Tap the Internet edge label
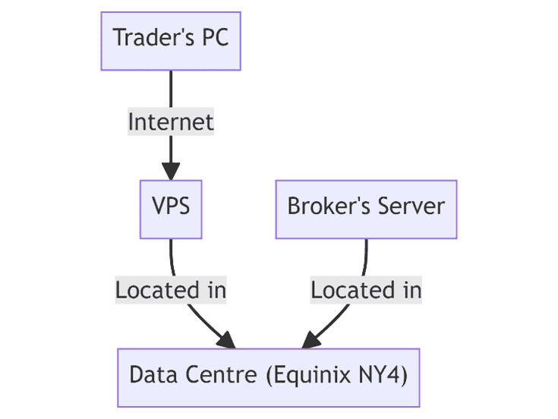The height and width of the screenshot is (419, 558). click(171, 121)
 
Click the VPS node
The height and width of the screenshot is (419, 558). click(171, 206)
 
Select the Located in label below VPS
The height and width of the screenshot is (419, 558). click(171, 290)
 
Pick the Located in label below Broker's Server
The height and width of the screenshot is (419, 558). click(366, 290)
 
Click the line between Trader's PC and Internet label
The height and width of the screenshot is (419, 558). click(171, 90)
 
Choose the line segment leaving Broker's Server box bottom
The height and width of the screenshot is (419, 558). click(366, 257)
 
